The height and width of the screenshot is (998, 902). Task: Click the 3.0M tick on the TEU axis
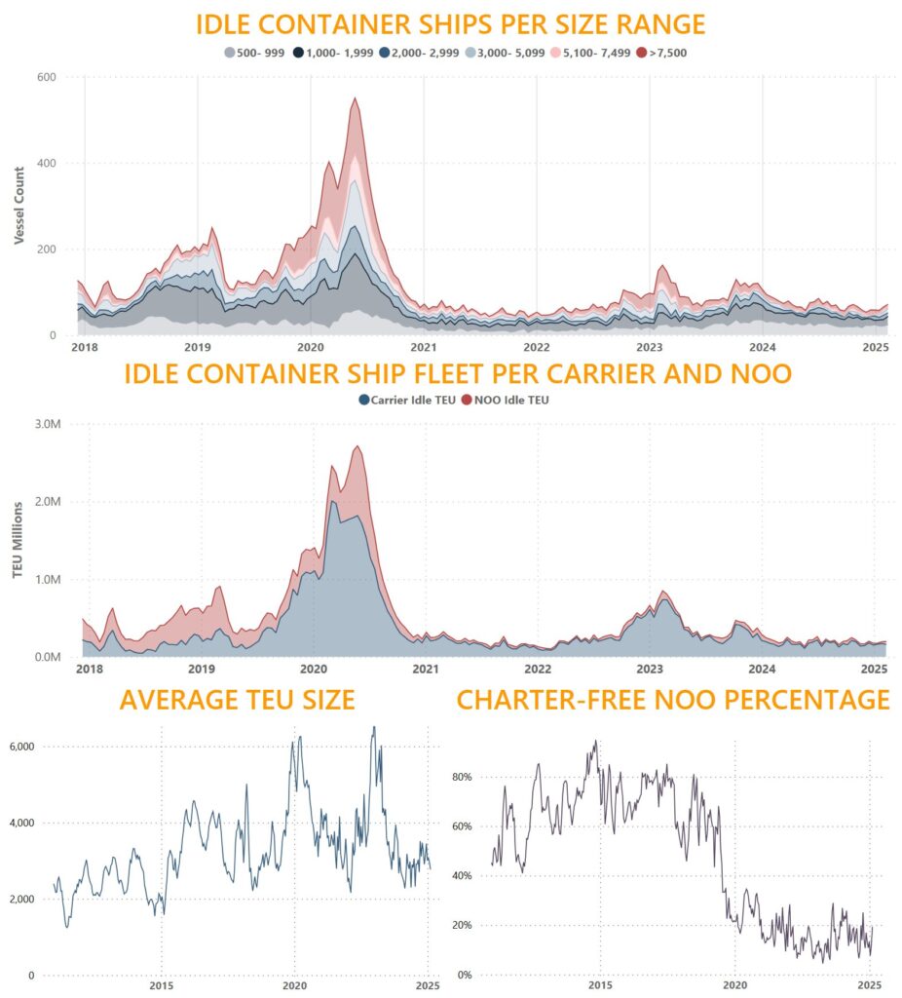click(47, 424)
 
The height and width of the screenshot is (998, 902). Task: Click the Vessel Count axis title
click(20, 206)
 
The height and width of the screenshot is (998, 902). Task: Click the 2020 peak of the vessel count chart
click(356, 98)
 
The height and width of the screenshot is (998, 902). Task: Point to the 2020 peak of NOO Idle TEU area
click(357, 447)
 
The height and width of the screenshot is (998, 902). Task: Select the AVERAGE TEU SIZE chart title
click(237, 700)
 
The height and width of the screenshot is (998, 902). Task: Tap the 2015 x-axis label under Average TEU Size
click(161, 985)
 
